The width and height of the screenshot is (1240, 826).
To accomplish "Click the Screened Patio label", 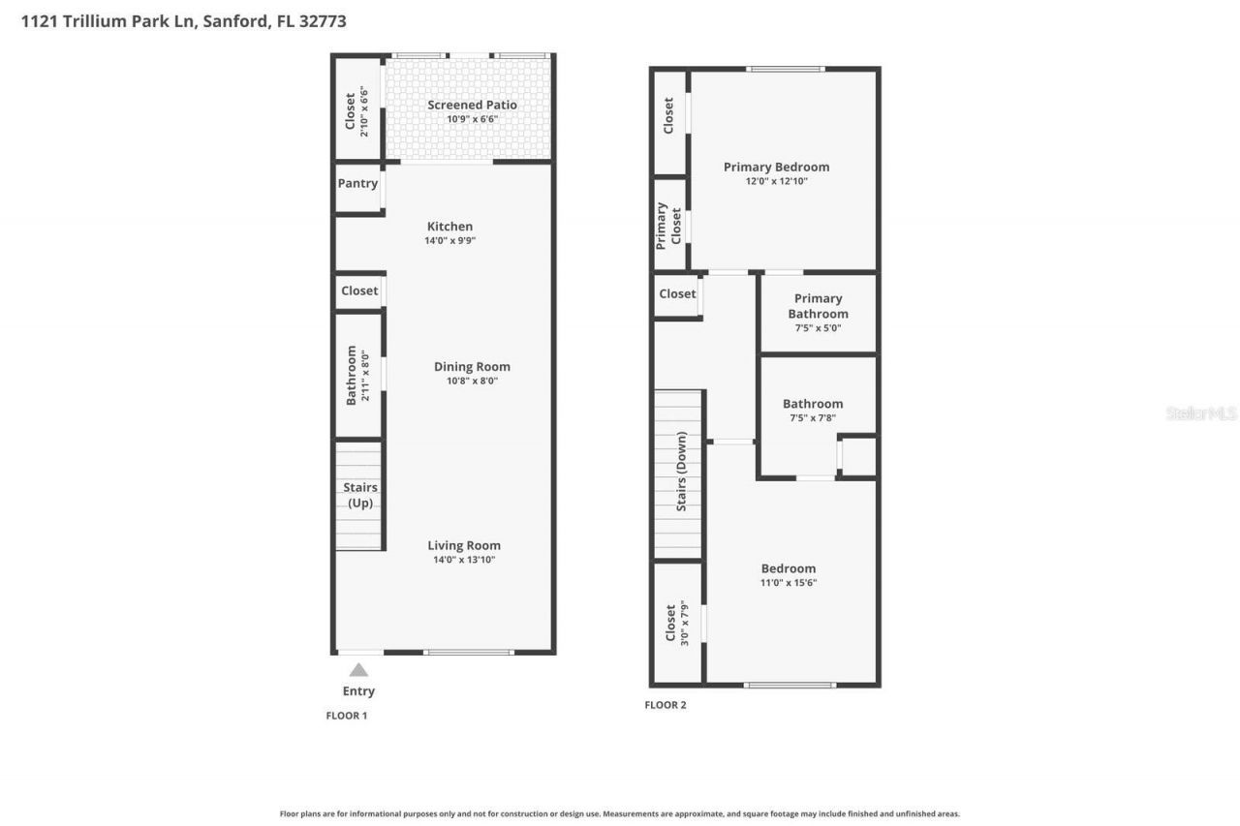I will pyautogui.click(x=472, y=105).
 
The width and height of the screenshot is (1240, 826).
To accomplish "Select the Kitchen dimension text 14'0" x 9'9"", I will pyautogui.click(x=449, y=241).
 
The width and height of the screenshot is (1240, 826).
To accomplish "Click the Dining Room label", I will pyautogui.click(x=472, y=366).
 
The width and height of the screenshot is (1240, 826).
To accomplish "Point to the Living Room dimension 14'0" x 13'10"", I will pyautogui.click(x=464, y=560).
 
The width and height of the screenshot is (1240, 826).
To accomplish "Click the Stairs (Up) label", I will pyautogui.click(x=359, y=495).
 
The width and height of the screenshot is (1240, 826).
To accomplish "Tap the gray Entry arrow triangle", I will pyautogui.click(x=358, y=669).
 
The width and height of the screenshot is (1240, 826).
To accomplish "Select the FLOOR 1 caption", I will pyautogui.click(x=346, y=716).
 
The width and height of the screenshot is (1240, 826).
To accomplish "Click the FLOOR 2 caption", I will pyautogui.click(x=665, y=705).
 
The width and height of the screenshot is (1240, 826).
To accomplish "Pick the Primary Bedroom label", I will pyautogui.click(x=776, y=167).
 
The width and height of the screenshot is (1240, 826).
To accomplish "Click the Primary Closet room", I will pyautogui.click(x=669, y=225).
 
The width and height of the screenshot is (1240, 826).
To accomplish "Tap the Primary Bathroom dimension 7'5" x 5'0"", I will pyautogui.click(x=818, y=328).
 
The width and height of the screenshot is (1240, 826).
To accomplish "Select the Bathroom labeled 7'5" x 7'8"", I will pyautogui.click(x=813, y=411).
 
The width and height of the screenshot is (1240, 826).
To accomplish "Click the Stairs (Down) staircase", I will pyautogui.click(x=678, y=474).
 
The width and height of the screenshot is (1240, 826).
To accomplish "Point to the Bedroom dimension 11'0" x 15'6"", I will pyautogui.click(x=789, y=583).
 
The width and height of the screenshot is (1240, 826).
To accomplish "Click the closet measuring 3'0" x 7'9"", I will pyautogui.click(x=676, y=624).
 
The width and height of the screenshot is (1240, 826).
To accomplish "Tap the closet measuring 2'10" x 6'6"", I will pyautogui.click(x=357, y=112).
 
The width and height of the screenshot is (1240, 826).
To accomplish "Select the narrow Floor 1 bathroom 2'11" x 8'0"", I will pyautogui.click(x=357, y=375).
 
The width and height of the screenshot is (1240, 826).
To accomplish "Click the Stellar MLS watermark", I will pyautogui.click(x=1201, y=413).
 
